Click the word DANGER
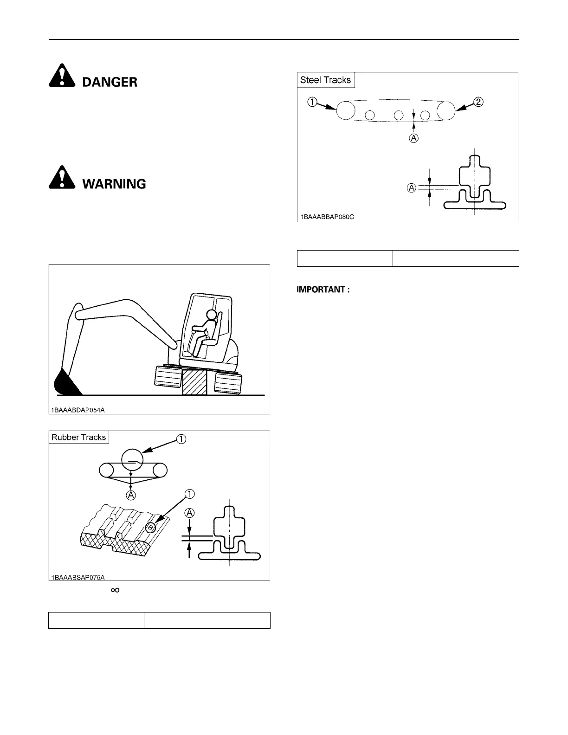coord(110,83)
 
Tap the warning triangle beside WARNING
coord(62,177)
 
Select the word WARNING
coord(114,184)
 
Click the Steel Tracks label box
coord(325,80)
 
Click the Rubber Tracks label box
coord(79,437)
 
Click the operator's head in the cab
coord(212,315)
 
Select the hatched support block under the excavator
coord(194,382)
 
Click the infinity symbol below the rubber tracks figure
coord(115,590)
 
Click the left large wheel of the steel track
coord(346,111)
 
